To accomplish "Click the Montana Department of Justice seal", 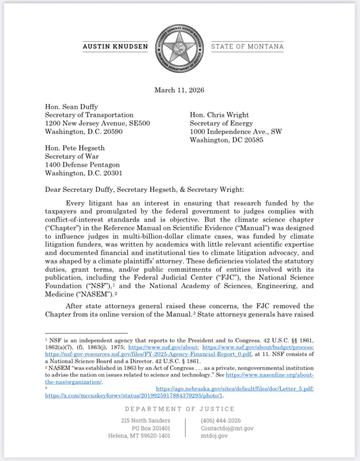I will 179,48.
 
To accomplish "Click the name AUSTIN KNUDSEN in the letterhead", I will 115,47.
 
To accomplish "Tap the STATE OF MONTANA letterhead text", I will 247,47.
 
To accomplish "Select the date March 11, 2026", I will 179,90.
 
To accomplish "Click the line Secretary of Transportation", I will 89,115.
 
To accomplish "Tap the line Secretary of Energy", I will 221,123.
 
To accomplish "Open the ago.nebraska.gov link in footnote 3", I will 234,389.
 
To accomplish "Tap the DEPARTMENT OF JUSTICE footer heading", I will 179,409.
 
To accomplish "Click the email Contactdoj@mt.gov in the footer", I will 227,428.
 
